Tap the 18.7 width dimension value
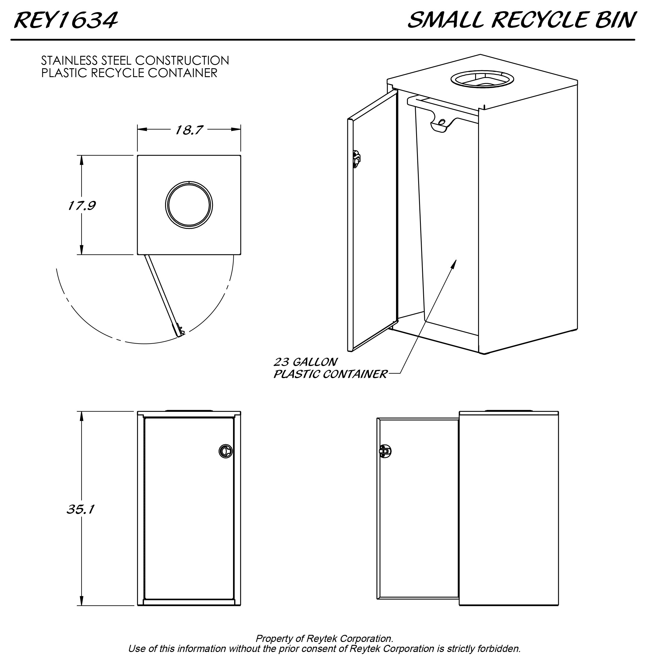pyautogui.click(x=189, y=130)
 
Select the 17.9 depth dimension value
pyautogui.click(x=82, y=205)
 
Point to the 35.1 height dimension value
pyautogui.click(x=80, y=509)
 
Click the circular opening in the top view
pyautogui.click(x=189, y=205)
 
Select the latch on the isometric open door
pyautogui.click(x=356, y=159)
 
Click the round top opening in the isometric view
pyautogui.click(x=482, y=79)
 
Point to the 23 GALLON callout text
pyautogui.click(x=306, y=362)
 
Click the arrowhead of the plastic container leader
pyautogui.click(x=454, y=263)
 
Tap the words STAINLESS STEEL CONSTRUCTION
pyautogui.click(x=135, y=61)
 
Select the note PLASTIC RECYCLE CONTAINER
pyautogui.click(x=129, y=73)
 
